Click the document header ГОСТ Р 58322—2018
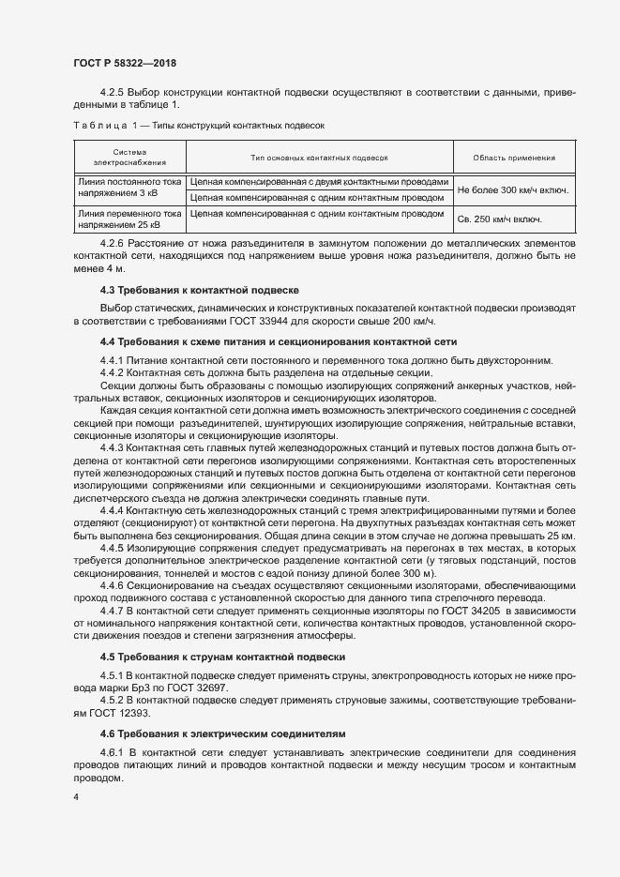pos(124,63)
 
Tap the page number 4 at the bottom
pos(75,797)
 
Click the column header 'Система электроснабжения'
pos(129,158)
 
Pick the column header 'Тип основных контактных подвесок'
pos(319,158)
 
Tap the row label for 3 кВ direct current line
pos(129,189)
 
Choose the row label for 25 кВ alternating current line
pos(129,219)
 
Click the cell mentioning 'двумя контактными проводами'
pos(320,182)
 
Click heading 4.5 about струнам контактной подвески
pos(222,657)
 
